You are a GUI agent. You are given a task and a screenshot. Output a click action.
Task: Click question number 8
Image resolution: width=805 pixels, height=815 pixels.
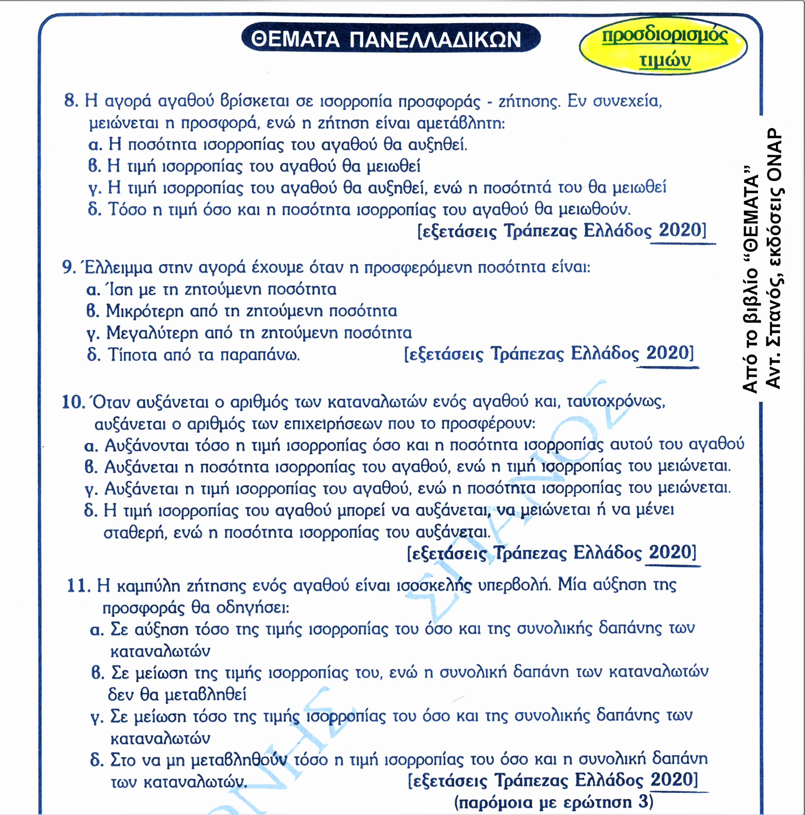click(x=71, y=101)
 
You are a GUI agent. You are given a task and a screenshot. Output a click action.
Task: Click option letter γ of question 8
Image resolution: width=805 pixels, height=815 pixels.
click(x=95, y=188)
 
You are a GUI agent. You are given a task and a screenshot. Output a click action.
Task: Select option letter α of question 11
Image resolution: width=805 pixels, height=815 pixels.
click(x=97, y=630)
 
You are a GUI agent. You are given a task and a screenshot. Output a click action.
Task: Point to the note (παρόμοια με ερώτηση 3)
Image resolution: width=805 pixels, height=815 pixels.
click(x=554, y=802)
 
